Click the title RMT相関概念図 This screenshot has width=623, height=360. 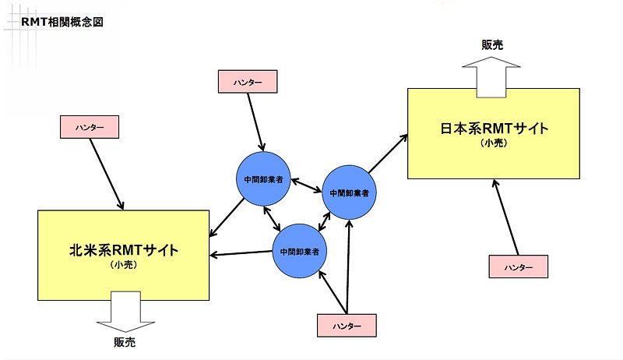pyautogui.click(x=62, y=22)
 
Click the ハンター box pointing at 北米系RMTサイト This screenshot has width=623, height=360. pyautogui.click(x=90, y=126)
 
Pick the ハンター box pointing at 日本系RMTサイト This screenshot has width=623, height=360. pyautogui.click(x=518, y=266)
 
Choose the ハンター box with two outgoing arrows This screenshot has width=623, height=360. pyautogui.click(x=347, y=325)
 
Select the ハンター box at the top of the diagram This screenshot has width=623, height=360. pyautogui.click(x=247, y=81)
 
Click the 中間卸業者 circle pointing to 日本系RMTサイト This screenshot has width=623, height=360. pyautogui.click(x=350, y=192)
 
